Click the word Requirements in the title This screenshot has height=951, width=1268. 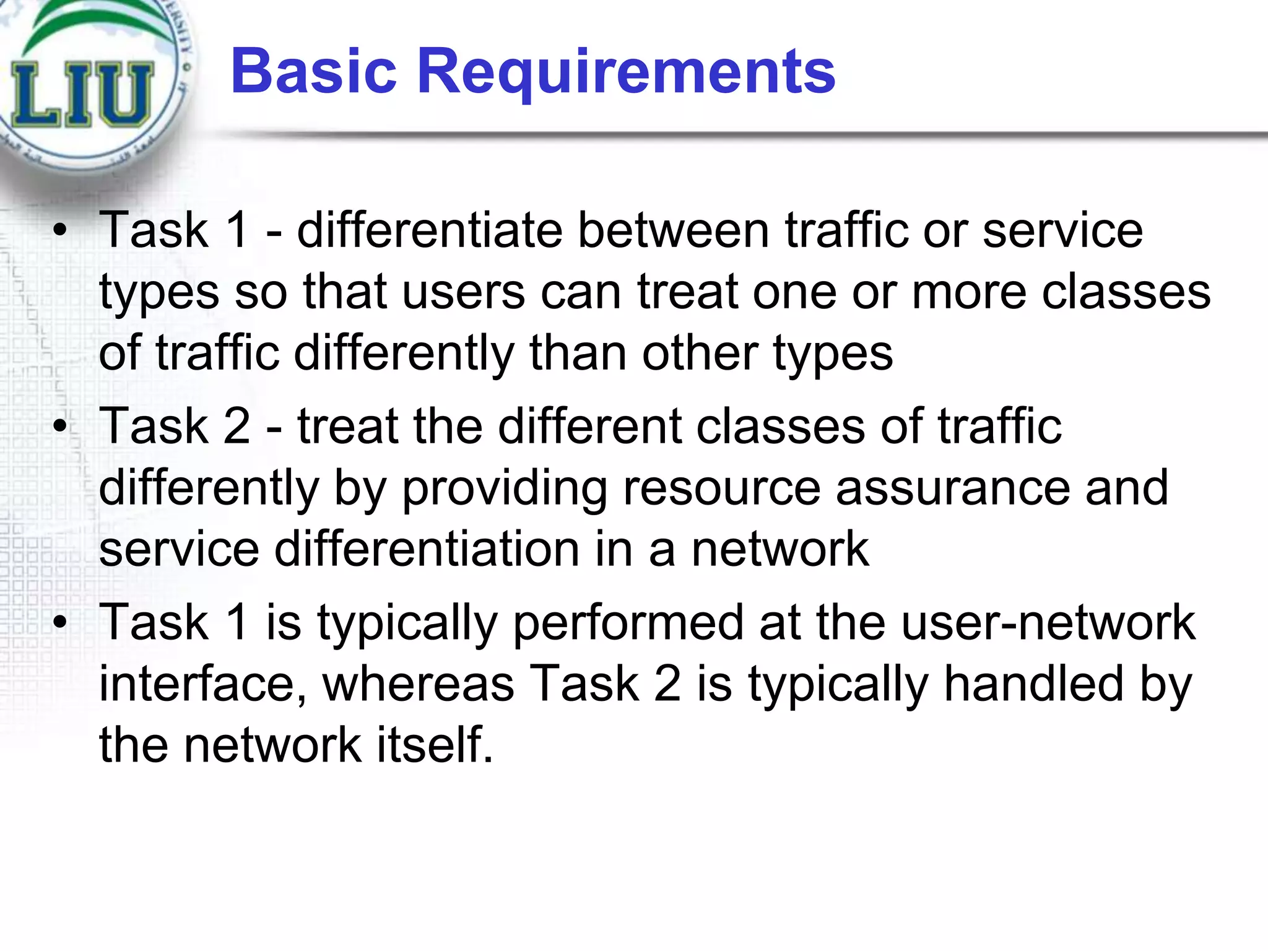(x=627, y=72)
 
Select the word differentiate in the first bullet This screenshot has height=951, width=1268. (x=429, y=230)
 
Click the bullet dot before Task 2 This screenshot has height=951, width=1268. (x=60, y=426)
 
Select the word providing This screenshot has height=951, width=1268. (x=505, y=489)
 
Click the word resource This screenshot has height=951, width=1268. (x=722, y=489)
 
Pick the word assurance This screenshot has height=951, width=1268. (x=952, y=489)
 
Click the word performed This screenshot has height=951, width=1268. (x=628, y=622)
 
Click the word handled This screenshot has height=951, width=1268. (x=1033, y=684)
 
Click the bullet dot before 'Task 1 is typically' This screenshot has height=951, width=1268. (x=60, y=622)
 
